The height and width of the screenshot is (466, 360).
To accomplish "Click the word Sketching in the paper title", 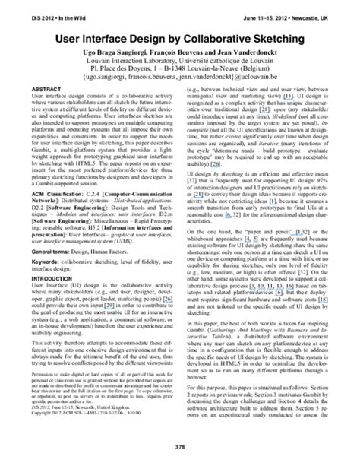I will (284, 38).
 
